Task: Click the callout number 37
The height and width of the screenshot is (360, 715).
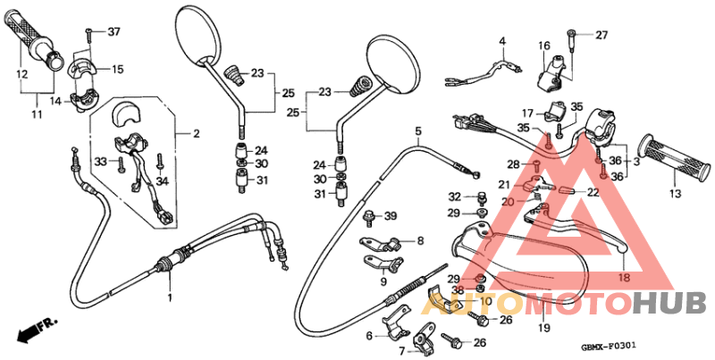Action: point(114,32)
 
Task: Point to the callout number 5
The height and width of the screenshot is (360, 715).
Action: point(417,131)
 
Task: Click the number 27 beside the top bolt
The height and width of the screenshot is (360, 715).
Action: point(601,35)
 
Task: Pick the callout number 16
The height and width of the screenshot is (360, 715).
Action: point(543,46)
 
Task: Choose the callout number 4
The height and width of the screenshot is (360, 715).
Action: point(501,41)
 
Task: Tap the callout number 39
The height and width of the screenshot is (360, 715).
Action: point(390,217)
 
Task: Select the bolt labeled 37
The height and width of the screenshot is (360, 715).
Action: point(89,35)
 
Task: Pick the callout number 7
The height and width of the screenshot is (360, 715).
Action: point(402,350)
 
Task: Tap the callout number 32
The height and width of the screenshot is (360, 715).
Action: point(455,197)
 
